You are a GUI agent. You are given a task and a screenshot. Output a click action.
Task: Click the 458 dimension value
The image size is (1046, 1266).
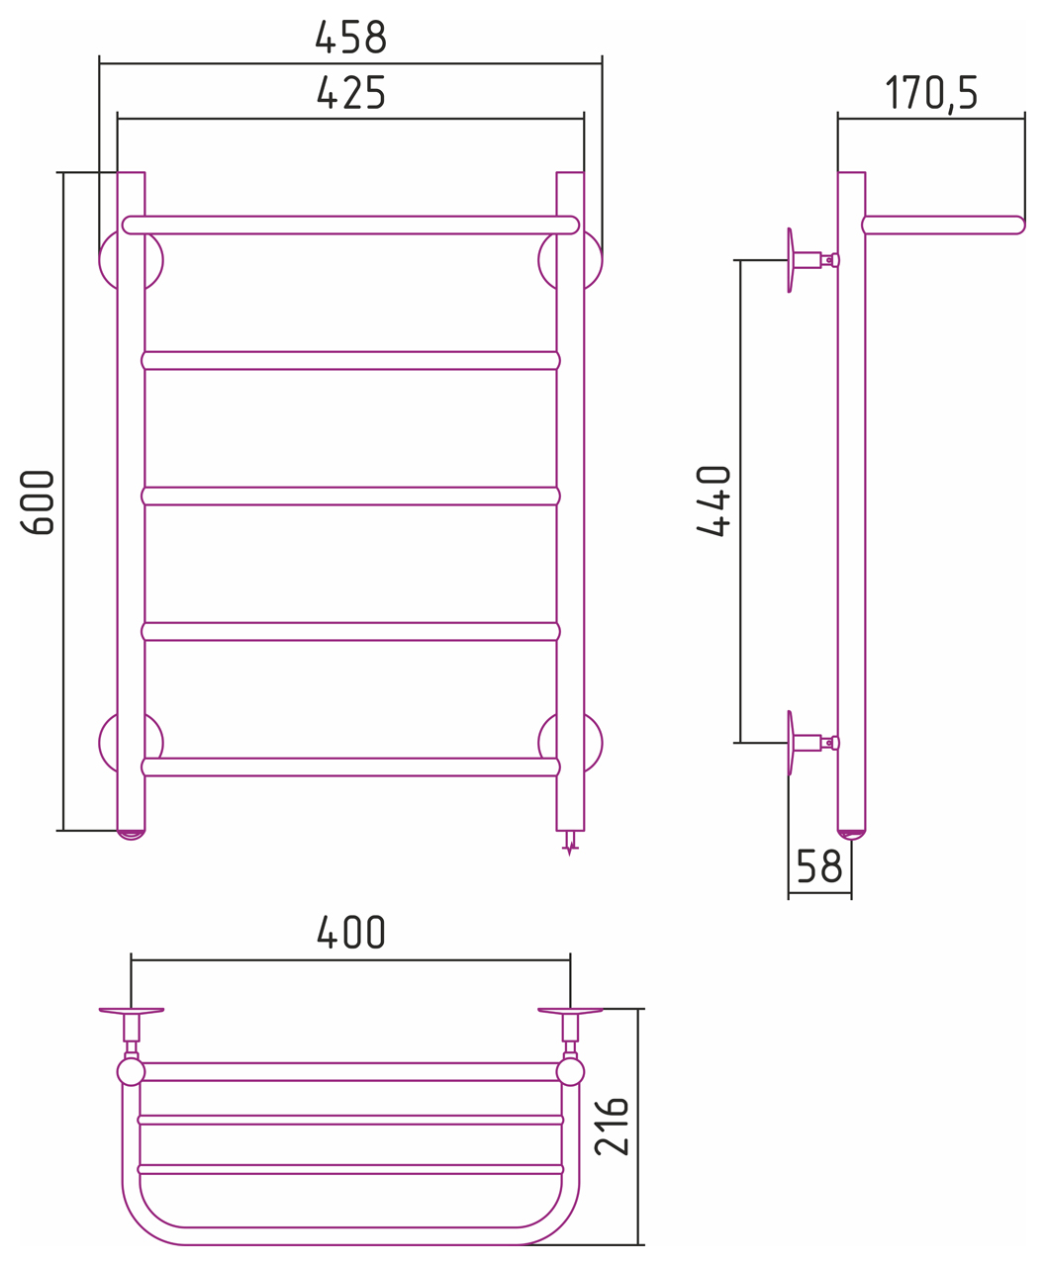tap(350, 37)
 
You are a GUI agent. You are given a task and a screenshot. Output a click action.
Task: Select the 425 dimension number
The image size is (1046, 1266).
tap(350, 93)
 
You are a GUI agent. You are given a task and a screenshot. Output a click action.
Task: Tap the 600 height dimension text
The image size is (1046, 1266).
tap(38, 502)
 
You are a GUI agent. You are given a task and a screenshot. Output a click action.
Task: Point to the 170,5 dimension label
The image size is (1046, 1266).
tap(931, 94)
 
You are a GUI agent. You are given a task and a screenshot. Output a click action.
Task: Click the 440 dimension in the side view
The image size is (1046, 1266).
tap(713, 501)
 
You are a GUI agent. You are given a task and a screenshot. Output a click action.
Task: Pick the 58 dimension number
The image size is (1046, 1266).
tap(819, 866)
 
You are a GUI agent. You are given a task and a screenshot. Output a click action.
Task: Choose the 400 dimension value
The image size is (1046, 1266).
tap(350, 932)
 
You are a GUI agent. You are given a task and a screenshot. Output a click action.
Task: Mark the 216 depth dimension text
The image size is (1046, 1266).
tap(612, 1127)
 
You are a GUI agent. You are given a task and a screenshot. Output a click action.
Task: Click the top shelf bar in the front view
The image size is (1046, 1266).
tap(350, 225)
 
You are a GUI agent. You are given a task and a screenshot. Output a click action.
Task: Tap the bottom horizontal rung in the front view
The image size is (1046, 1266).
tap(350, 767)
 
